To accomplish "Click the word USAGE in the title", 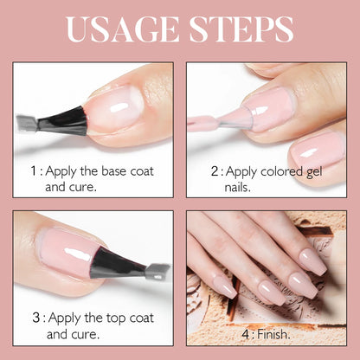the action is (x=122, y=29).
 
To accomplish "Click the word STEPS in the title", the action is (x=241, y=29).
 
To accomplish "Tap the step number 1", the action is (x=34, y=170).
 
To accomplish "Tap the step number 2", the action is (x=215, y=171).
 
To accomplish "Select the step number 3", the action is (x=36, y=318).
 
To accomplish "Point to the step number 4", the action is (x=246, y=334).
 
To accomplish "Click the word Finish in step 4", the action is (x=273, y=334).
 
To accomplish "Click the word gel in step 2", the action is (x=313, y=172).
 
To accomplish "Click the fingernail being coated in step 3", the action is (x=67, y=250).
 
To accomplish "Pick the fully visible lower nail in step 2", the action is (x=317, y=150).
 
